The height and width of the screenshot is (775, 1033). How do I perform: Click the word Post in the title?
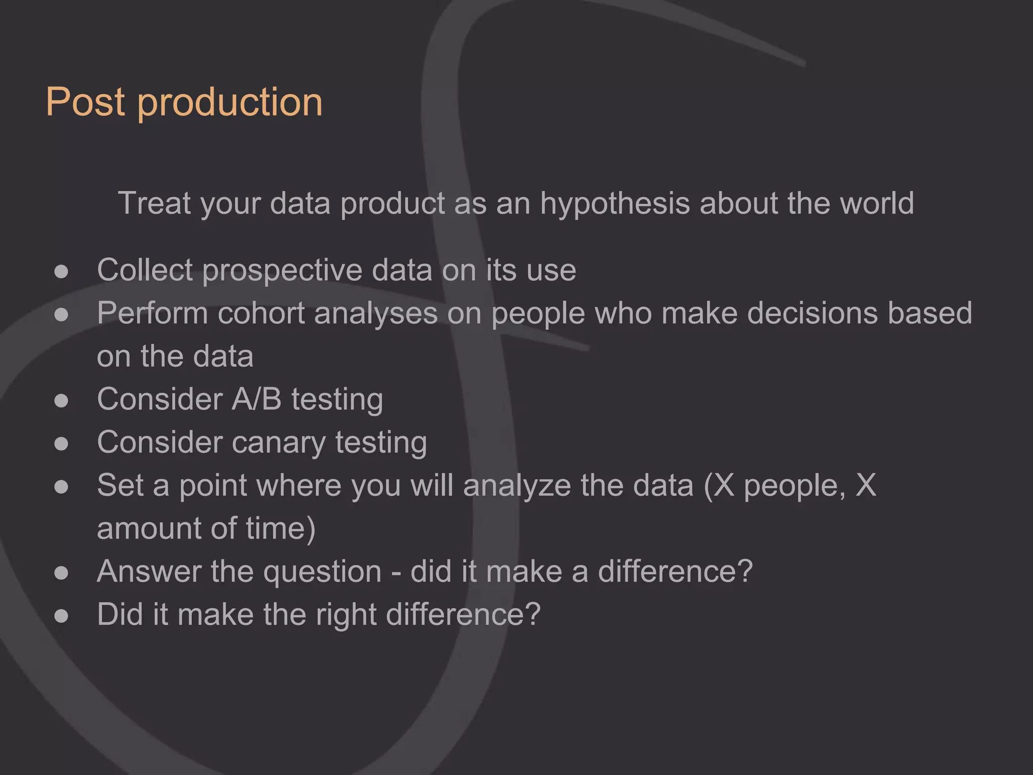[85, 102]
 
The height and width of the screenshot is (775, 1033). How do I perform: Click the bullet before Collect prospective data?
[61, 272]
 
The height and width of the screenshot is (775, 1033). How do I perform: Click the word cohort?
[261, 313]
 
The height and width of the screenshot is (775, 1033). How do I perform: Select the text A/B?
[256, 399]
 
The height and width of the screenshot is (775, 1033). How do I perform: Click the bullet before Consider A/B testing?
[61, 401]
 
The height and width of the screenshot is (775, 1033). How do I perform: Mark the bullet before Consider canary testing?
[61, 444]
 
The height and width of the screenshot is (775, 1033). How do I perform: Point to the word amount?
[149, 529]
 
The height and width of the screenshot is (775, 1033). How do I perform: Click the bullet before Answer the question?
[61, 573]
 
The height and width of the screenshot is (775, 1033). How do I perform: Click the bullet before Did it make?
[61, 616]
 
